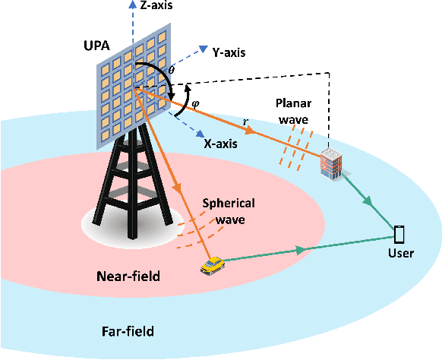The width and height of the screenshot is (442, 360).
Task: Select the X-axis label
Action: point(222,141)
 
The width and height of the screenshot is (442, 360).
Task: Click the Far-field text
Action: point(128,331)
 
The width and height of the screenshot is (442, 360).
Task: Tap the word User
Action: point(399,253)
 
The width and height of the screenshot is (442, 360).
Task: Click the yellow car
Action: point(212,264)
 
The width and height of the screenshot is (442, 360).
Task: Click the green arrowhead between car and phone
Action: point(302,249)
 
